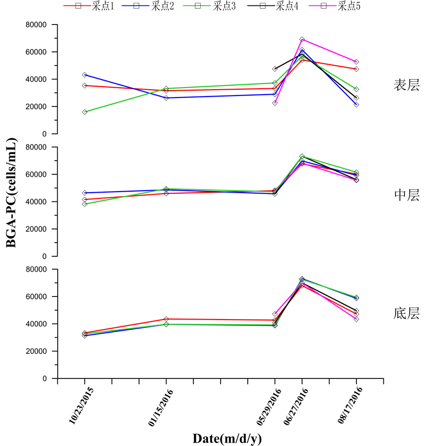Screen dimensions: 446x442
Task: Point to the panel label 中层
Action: [x=406, y=195]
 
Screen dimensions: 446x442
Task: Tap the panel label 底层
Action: [x=406, y=313]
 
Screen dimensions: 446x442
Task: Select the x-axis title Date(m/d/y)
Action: [x=227, y=438]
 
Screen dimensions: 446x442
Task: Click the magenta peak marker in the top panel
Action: [x=302, y=39]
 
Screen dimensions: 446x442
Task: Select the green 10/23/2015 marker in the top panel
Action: [x=85, y=112]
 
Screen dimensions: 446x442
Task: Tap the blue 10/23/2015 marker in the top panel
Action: [x=85, y=74]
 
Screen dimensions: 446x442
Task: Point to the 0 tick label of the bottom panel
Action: [x=44, y=378]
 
